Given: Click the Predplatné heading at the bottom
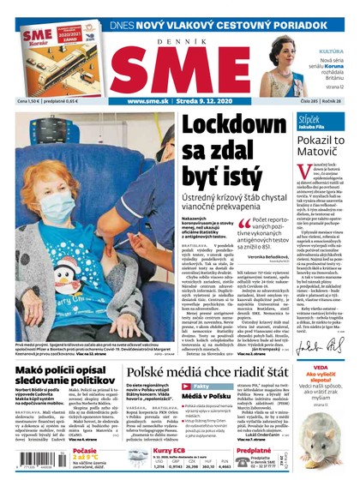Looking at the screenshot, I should [255, 451].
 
